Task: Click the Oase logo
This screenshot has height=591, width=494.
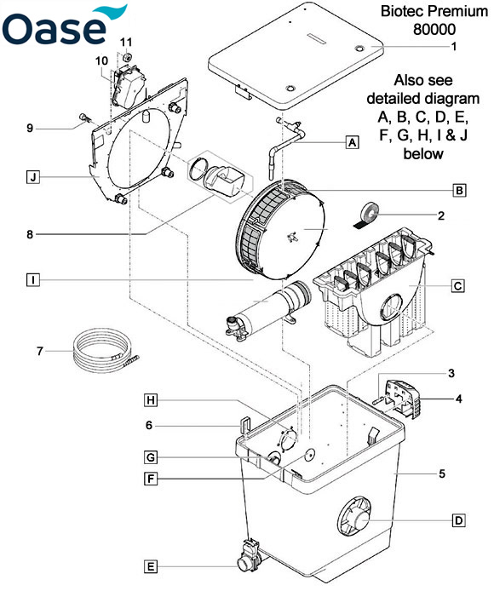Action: [64, 26]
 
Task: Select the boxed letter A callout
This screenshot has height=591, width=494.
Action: [352, 143]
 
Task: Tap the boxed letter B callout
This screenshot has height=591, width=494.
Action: [459, 191]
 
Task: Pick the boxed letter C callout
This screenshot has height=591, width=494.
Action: [457, 285]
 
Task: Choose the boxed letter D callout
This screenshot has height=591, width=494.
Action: [458, 521]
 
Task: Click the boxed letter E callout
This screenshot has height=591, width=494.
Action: [151, 566]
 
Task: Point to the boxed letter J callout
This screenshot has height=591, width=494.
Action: [33, 177]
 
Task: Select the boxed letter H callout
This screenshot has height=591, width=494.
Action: [151, 400]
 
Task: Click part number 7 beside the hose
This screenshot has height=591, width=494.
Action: [40, 352]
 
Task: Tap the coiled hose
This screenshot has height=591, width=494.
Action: [106, 352]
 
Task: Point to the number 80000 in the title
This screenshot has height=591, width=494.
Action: [434, 30]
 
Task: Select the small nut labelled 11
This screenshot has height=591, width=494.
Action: [128, 56]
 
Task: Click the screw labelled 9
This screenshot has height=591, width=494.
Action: [85, 118]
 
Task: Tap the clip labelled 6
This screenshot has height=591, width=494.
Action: [244, 425]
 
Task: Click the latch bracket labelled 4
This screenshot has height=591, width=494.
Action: [401, 399]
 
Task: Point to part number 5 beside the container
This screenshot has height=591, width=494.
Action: [442, 473]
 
